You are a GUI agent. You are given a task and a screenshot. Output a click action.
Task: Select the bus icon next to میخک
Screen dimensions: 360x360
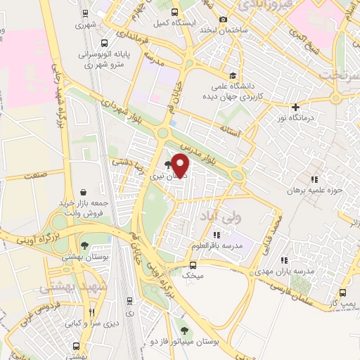pyautogui.click(x=193, y=264)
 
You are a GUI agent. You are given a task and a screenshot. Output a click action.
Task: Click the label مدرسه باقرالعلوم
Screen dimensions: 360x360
pyautogui.click(x=217, y=246)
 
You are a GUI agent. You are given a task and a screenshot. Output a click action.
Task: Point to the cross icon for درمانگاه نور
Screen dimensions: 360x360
pyautogui.click(x=296, y=106)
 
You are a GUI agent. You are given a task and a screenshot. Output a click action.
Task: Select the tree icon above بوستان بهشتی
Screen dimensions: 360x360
pyautogui.click(x=85, y=245)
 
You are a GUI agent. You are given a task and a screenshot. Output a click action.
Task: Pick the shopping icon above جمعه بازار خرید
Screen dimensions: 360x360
pyautogui.click(x=84, y=192)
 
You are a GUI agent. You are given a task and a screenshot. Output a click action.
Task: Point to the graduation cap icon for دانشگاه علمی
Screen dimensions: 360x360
pyautogui.click(x=231, y=76)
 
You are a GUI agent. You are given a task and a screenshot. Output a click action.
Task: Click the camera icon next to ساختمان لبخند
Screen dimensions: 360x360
pyautogui.click(x=223, y=19)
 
